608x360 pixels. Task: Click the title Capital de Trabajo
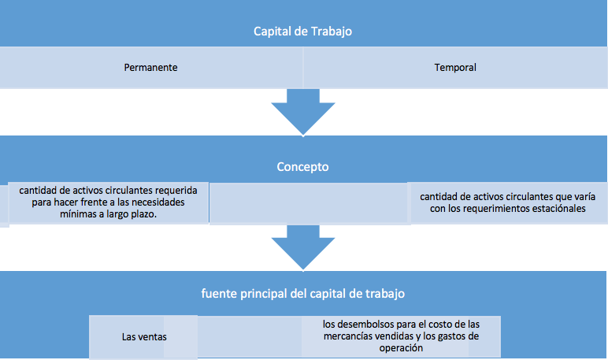303,31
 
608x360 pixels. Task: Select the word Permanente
151,68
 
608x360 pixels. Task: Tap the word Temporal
455,68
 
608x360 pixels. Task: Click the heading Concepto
303,167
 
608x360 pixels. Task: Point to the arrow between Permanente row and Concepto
303,113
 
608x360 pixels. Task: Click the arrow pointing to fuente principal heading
303,248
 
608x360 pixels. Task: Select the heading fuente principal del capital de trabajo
303,294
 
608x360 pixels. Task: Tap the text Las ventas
144,336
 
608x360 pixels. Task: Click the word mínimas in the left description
77,214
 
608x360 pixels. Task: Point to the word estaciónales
558,209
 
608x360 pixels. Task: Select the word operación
401,348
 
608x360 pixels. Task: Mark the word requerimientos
496,209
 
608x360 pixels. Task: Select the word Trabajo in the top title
331,31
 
